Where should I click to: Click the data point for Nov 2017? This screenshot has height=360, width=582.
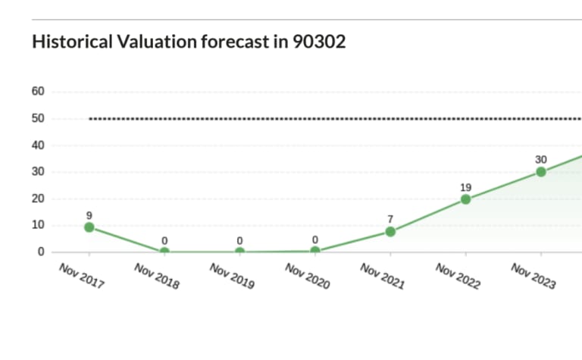click(89, 227)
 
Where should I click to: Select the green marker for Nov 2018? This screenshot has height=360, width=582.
click(164, 252)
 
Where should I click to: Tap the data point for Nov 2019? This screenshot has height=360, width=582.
click(239, 252)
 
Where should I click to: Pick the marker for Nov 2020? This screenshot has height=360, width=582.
click(315, 251)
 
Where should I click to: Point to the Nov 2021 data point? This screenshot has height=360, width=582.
click(390, 231)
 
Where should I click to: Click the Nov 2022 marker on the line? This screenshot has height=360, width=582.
click(465, 199)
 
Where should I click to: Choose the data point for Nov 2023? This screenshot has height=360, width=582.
click(541, 172)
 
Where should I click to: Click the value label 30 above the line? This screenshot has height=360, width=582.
click(541, 160)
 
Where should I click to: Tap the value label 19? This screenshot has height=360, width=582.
click(465, 186)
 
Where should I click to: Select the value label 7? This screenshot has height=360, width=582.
click(390, 219)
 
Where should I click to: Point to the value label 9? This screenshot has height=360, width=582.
click(89, 214)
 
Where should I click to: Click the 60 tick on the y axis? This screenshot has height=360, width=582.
click(38, 92)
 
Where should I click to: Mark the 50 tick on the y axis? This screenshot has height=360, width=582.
click(38, 118)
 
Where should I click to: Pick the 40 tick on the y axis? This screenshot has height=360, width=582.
click(38, 146)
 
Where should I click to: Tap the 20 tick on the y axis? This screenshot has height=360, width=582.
click(38, 199)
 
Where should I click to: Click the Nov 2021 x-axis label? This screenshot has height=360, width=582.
click(383, 277)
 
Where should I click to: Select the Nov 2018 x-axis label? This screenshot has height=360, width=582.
click(157, 277)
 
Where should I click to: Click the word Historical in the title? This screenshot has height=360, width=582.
click(72, 42)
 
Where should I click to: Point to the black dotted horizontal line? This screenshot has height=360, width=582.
click(333, 118)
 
